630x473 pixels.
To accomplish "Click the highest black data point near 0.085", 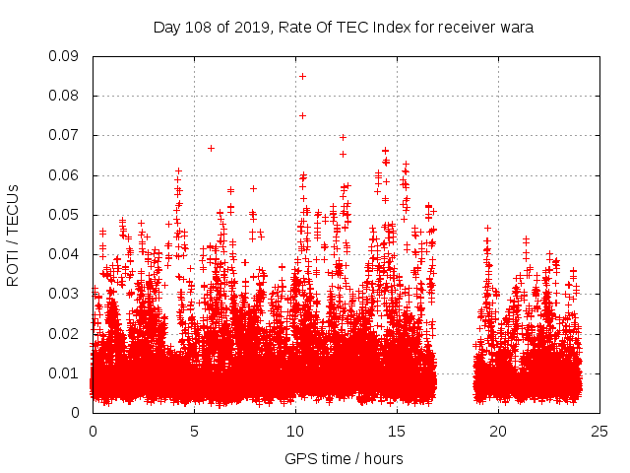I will click(302, 76).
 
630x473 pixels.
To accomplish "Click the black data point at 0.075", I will click(302, 115).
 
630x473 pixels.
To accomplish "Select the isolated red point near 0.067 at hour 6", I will click(211, 148).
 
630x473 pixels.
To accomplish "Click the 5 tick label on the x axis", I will click(194, 431).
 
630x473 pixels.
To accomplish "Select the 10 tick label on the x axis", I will click(295, 431).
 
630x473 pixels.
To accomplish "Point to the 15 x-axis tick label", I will click(397, 431).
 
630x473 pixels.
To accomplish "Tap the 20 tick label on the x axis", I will click(498, 431).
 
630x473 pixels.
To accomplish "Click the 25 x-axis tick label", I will click(599, 431).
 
